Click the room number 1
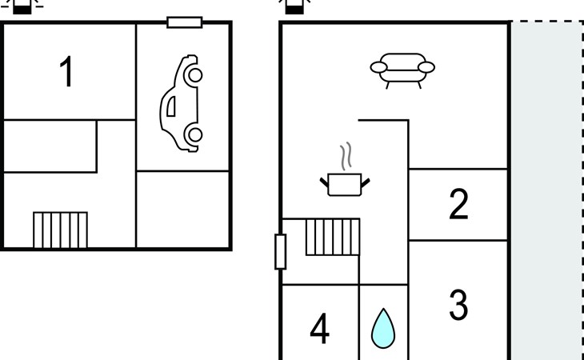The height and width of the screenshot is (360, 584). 66,71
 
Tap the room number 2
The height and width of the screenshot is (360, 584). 458,204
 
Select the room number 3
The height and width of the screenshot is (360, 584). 458,305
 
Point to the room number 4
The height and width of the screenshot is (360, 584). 319,328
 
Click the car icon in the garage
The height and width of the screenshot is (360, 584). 181,103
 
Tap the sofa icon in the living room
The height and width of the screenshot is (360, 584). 402,70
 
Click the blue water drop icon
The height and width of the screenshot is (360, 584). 383,328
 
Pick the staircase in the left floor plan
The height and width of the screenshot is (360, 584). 60,230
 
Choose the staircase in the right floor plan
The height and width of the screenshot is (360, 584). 333,237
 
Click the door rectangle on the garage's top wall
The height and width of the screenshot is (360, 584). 184,22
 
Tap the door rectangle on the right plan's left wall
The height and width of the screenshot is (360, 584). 281,251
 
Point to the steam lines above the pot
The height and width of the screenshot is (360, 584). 346,156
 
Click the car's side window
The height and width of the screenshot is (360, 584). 171,106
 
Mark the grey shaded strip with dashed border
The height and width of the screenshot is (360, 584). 546,190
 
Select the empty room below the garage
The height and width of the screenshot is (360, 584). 182,209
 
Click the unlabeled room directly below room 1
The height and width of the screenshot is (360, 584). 50,146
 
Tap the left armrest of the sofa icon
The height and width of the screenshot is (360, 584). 378,67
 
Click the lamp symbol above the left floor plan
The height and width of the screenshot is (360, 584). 22,6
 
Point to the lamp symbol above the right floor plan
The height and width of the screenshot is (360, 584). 294,6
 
